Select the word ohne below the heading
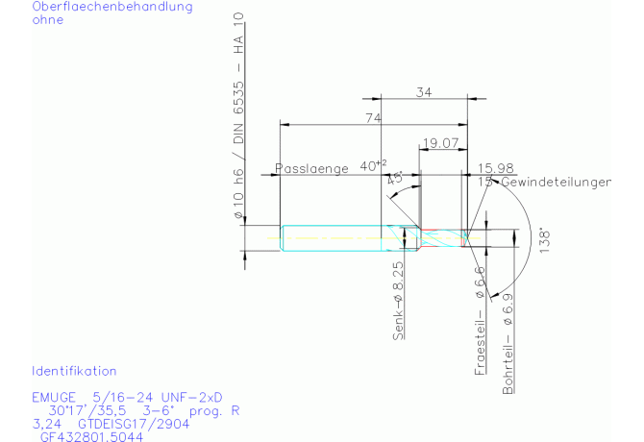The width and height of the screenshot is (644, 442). click(x=49, y=20)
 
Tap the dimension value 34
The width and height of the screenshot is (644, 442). click(x=423, y=92)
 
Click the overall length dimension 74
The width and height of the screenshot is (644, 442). click(x=374, y=117)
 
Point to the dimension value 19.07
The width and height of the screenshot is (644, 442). click(x=439, y=142)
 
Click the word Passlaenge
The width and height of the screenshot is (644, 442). click(x=311, y=168)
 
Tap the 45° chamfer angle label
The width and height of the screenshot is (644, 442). click(x=394, y=179)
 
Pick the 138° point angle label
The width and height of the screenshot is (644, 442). click(x=543, y=238)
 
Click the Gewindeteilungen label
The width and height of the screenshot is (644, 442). click(x=552, y=181)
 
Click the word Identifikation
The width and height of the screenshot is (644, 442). click(x=74, y=371)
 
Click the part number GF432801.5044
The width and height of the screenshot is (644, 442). click(x=91, y=436)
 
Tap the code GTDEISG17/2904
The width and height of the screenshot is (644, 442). click(x=130, y=423)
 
